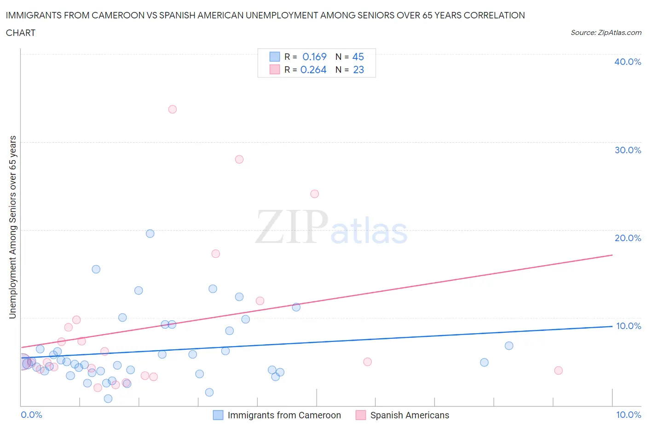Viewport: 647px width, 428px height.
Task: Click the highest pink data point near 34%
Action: click(173, 109)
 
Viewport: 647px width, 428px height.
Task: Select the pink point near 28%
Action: click(239, 159)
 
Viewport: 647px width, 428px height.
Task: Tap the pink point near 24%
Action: click(315, 194)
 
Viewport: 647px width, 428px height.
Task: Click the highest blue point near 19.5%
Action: click(150, 233)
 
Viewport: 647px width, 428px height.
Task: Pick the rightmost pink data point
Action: click(559, 370)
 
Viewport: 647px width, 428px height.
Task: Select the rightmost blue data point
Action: click(509, 346)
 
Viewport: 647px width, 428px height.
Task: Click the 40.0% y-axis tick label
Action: click(628, 62)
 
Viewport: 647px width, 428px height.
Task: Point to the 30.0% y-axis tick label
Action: click(628, 150)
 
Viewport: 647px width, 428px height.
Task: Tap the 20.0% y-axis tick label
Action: click(628, 238)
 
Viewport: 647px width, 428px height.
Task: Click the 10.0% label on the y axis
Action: click(628, 326)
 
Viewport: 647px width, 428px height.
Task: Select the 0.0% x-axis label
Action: click(32, 415)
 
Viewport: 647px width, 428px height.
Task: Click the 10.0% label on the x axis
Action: click(629, 415)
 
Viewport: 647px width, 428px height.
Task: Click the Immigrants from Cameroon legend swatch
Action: click(218, 415)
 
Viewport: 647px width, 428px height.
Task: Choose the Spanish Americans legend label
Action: click(410, 415)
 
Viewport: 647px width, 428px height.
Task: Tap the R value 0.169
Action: click(314, 57)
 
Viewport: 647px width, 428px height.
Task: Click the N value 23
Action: click(358, 69)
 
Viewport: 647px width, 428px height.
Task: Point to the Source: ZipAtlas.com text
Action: click(606, 32)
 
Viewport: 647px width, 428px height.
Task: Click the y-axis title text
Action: click(13, 227)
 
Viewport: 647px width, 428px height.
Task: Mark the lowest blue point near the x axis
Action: click(108, 399)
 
